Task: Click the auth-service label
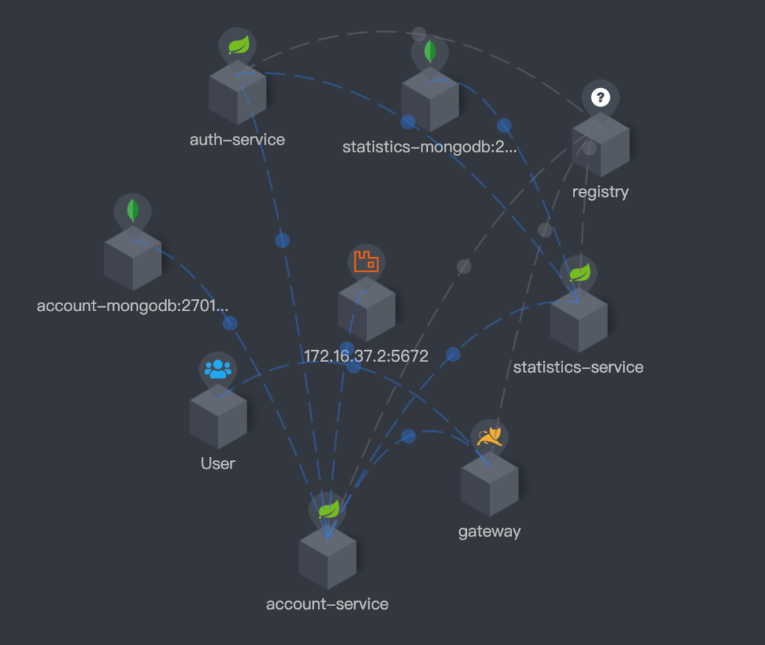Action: (237, 140)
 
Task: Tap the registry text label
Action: (600, 191)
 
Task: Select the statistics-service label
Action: (578, 367)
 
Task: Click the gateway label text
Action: (489, 531)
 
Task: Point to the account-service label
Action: (327, 604)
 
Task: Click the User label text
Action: (217, 464)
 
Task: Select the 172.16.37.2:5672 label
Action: (366, 356)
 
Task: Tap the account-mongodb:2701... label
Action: (133, 306)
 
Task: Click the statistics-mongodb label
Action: (430, 147)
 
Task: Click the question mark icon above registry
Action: (601, 97)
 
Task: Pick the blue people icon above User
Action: (218, 369)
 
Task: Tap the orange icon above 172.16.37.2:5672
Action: (366, 262)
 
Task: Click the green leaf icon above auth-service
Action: (238, 46)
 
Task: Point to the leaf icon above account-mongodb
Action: (132, 210)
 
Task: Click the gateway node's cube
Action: (489, 485)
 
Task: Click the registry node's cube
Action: (601, 145)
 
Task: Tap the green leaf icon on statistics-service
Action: (579, 273)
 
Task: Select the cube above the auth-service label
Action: (237, 93)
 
